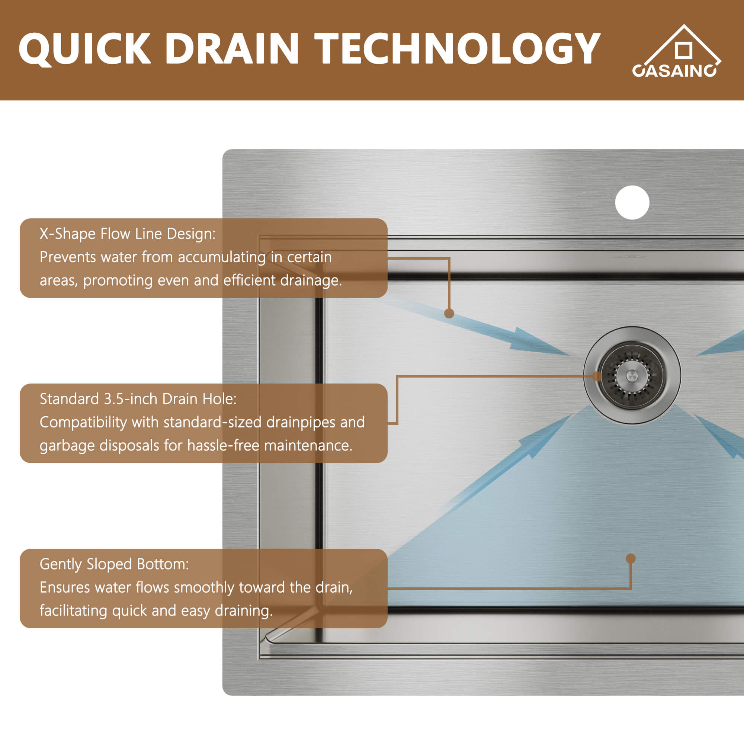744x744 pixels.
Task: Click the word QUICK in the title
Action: [x=84, y=48]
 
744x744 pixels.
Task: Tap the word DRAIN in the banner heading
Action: [x=232, y=48]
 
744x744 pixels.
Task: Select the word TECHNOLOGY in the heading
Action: [x=457, y=48]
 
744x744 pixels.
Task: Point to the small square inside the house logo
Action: [x=683, y=51]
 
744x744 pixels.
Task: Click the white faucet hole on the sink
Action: [x=632, y=203]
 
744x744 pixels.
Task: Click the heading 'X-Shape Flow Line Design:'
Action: [x=128, y=234]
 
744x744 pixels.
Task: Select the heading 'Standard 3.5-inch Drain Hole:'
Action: [x=138, y=399]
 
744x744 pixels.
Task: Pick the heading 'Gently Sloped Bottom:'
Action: [x=114, y=564]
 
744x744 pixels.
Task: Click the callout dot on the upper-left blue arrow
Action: [x=449, y=314]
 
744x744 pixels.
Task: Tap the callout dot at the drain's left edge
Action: [x=597, y=376]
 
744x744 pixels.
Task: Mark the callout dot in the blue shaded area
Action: [x=631, y=558]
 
